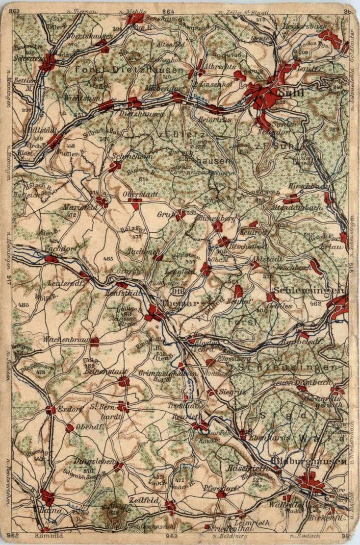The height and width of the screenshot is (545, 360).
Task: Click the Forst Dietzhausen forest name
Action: coord(129,71)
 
